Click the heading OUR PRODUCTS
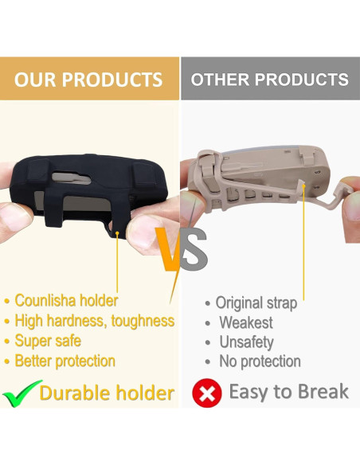point(88,79)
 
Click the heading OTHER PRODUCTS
point(269,79)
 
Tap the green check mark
point(22,393)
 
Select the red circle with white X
point(207,393)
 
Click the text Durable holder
point(107,393)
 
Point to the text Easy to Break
point(289,392)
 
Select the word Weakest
point(246,322)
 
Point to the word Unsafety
point(246,342)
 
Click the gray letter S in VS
point(194,250)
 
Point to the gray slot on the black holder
point(71,178)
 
